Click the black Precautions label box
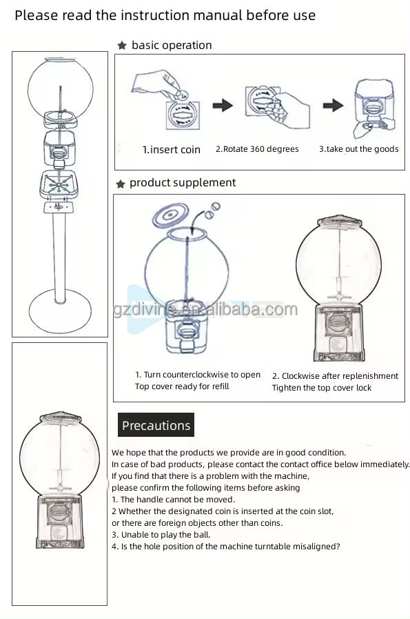(156, 426)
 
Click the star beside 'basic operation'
(122, 46)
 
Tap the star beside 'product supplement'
(121, 184)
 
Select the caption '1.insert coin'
(172, 150)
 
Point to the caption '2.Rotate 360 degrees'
(257, 149)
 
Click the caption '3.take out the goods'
(358, 149)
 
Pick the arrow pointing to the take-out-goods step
(334, 106)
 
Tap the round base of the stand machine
(60, 303)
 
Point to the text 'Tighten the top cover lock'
(322, 388)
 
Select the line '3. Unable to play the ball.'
(161, 534)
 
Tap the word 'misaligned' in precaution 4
(316, 546)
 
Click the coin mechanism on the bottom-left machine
(60, 511)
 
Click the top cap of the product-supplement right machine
(338, 223)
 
